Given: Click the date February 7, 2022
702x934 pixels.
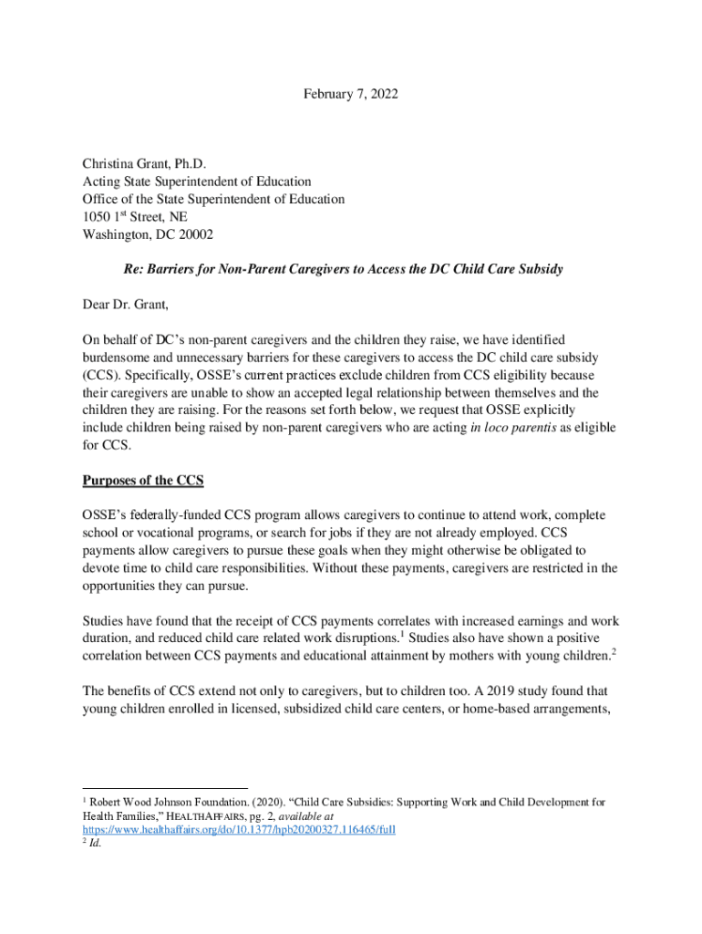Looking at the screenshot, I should (351, 94).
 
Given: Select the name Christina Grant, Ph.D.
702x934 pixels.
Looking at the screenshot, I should (144, 164).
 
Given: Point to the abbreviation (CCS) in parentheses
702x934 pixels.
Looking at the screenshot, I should (101, 375).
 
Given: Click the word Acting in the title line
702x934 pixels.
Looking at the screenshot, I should (101, 182).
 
